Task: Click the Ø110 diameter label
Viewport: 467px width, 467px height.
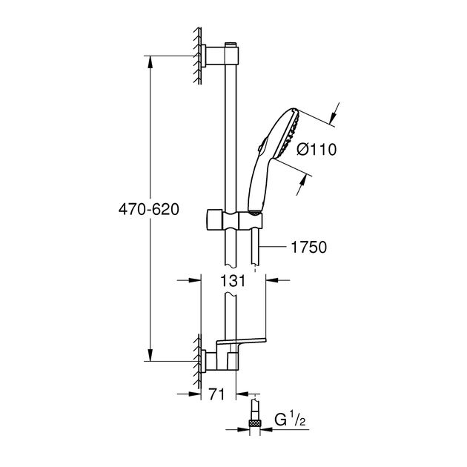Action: tap(316, 149)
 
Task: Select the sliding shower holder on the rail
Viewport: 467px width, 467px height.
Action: tap(231, 220)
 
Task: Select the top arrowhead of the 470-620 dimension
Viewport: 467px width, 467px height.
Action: tap(150, 59)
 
